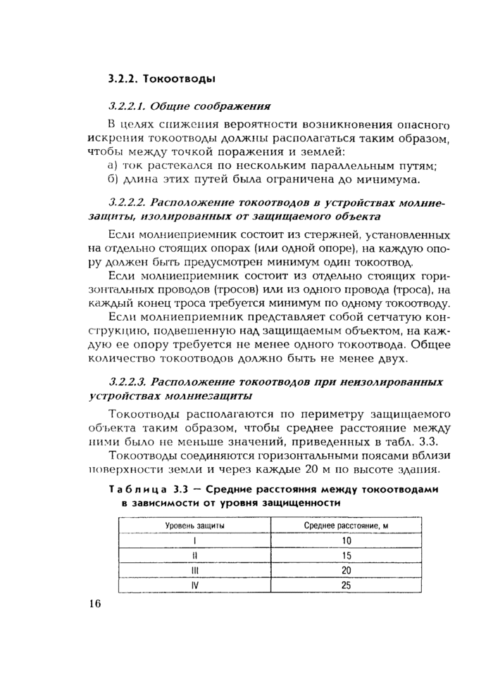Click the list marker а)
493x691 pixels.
[x=112, y=166]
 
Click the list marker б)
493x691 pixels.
[x=112, y=179]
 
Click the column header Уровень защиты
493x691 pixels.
[x=195, y=526]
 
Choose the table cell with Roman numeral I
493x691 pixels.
[x=195, y=540]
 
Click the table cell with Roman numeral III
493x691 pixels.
[x=195, y=570]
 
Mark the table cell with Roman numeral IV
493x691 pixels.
[x=195, y=585]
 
